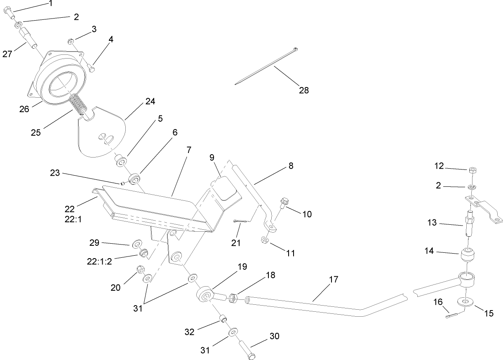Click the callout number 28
click(304, 90)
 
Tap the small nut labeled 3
click(71, 41)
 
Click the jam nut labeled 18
click(233, 298)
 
